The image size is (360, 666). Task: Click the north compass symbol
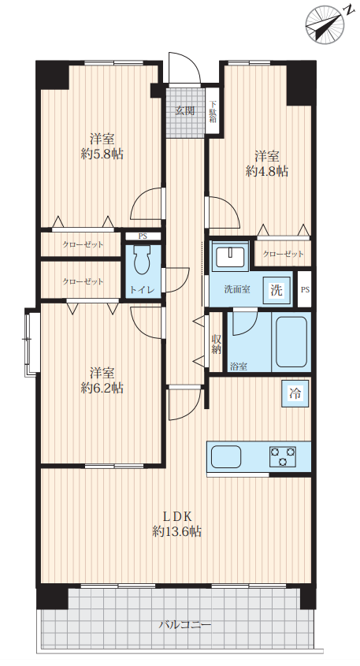(325, 24)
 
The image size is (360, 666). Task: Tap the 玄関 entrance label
(186, 111)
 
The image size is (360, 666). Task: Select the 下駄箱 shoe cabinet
(212, 112)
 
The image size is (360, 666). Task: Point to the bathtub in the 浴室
(291, 342)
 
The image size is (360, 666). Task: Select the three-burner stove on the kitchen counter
(282, 456)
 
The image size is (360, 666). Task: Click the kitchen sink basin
(226, 457)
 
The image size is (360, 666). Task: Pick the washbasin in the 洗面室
(229, 255)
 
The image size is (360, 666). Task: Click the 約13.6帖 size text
(177, 531)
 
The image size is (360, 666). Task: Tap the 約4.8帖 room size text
(267, 171)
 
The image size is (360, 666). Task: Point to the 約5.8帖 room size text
(102, 154)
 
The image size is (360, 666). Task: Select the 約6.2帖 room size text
(102, 388)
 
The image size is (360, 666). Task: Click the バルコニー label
(185, 625)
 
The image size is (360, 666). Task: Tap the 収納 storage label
(217, 344)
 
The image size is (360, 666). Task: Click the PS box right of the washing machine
(305, 290)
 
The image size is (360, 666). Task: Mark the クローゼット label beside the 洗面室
(283, 254)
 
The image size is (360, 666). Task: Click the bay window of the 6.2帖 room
(31, 342)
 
